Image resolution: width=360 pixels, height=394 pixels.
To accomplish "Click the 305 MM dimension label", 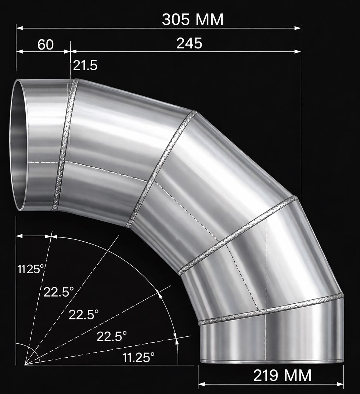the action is (192, 19).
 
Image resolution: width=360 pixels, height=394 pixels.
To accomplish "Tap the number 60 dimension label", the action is (46, 45).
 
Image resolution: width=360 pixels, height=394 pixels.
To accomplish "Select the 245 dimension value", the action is (189, 43).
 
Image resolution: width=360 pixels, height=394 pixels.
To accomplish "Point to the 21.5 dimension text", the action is (85, 66).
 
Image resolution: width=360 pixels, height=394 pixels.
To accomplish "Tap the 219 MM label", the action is (282, 375).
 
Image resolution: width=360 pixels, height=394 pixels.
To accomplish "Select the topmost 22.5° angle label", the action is (59, 292).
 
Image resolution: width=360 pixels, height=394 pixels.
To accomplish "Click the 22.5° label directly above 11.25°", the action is (112, 336).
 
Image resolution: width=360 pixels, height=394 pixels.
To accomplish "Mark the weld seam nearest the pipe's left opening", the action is (65, 144).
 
